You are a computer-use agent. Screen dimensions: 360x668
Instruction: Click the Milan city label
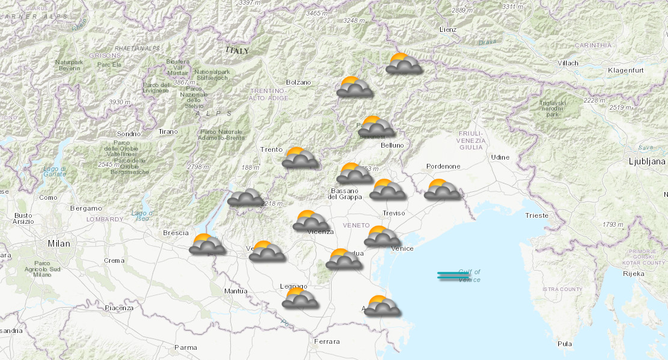[59, 244]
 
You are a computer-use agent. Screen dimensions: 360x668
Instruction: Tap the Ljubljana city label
[646, 161]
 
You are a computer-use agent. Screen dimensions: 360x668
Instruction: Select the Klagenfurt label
[626, 71]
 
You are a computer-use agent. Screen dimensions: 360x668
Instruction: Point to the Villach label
[567, 63]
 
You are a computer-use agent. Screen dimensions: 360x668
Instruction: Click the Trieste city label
[536, 215]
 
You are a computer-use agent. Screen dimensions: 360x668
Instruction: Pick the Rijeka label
[634, 274]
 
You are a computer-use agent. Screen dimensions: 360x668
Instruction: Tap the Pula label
[564, 344]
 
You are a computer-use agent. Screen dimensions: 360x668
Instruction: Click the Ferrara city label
[327, 341]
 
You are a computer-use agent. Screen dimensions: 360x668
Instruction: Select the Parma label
[185, 347]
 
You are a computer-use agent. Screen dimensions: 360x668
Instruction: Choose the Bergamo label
[86, 208]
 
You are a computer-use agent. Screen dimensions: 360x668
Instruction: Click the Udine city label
[500, 157]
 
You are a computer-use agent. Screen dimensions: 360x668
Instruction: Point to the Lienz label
[447, 29]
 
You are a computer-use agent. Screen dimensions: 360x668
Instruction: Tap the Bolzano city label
[299, 82]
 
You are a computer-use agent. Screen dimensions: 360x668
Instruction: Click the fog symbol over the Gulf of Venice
[453, 275]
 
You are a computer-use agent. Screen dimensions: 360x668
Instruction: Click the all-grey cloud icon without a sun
[245, 197]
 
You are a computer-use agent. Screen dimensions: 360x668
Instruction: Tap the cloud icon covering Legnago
[300, 298]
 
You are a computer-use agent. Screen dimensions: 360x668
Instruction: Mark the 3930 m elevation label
[120, 102]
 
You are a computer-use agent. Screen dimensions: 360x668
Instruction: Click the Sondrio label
[129, 134]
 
